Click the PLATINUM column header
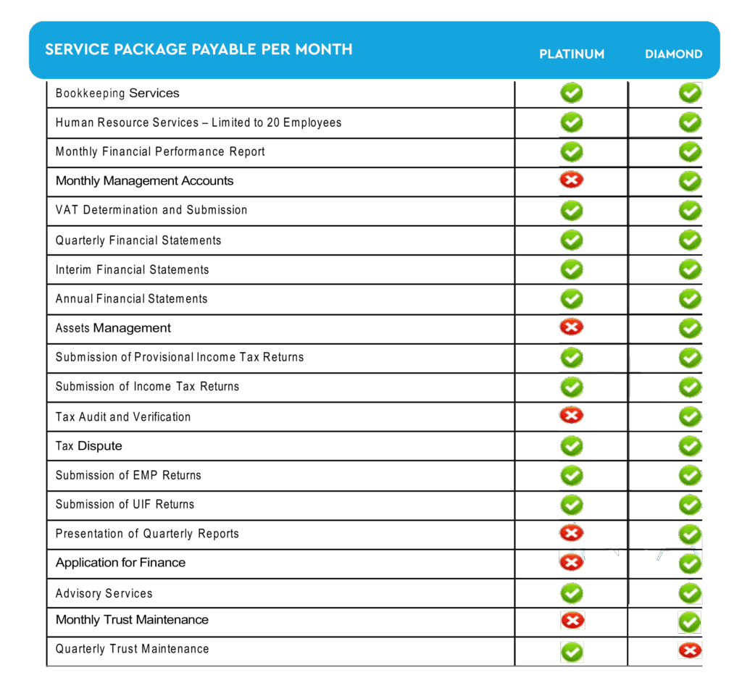[x=572, y=54]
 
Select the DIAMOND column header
[x=673, y=54]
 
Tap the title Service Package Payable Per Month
[x=199, y=49]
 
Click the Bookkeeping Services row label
[x=117, y=93]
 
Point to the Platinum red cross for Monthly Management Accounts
[x=572, y=179]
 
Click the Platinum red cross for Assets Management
[x=572, y=327]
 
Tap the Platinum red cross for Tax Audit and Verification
[x=572, y=415]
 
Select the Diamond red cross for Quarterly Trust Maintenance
[x=690, y=650]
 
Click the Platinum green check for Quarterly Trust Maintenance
[x=572, y=652]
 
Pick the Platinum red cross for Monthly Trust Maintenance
[x=572, y=620]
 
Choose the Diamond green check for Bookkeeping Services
[x=690, y=93]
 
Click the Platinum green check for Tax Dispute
[x=572, y=445]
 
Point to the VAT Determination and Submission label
[x=151, y=210]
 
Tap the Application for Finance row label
[x=120, y=563]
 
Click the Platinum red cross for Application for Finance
[x=572, y=561]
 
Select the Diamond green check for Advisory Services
[x=690, y=593]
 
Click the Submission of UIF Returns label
[x=125, y=504]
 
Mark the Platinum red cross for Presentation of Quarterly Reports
[x=572, y=533]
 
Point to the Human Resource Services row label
[x=198, y=122]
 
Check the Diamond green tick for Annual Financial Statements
[x=690, y=298]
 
